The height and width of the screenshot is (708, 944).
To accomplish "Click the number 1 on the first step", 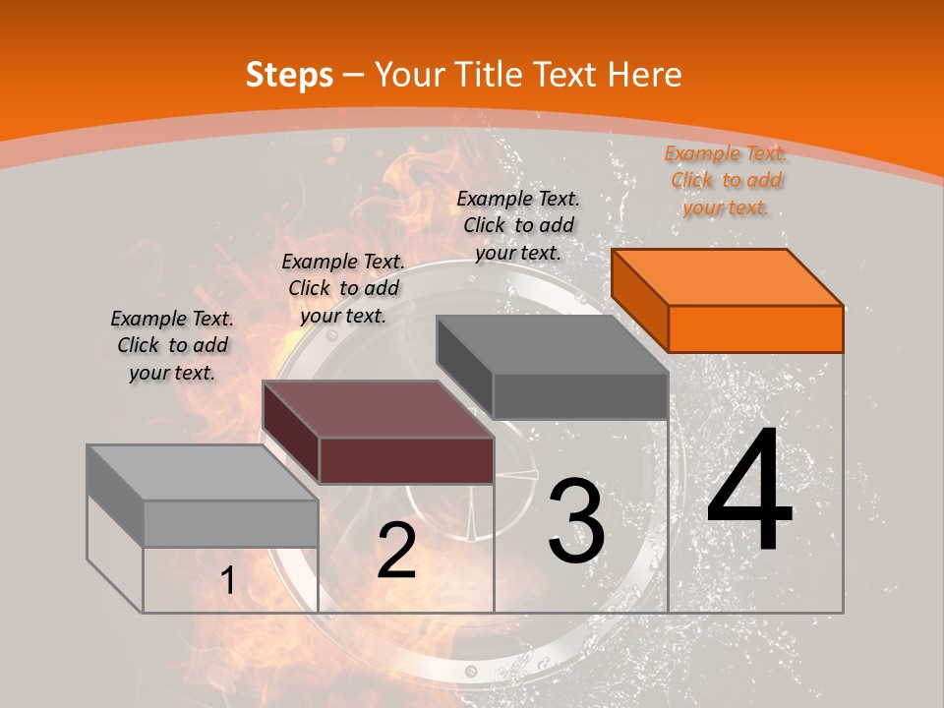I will [228, 581].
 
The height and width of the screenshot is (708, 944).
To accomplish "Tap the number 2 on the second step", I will [396, 551].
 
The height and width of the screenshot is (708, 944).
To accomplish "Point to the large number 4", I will [749, 492].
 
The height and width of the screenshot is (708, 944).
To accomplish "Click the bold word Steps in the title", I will [289, 75].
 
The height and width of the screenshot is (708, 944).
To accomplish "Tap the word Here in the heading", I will [646, 75].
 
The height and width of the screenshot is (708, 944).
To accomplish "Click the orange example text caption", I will [726, 181].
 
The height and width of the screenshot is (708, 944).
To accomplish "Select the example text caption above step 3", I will [518, 225].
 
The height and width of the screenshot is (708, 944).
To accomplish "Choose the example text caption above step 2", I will [343, 288].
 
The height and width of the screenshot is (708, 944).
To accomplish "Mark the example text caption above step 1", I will [172, 345].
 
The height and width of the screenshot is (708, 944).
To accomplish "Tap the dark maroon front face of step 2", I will [406, 460].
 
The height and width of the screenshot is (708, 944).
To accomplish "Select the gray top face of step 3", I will [552, 344].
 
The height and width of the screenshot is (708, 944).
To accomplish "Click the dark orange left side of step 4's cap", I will [639, 300].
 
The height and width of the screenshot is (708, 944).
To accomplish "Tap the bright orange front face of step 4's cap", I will [755, 328].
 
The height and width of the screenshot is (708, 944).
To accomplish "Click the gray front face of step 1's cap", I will [230, 523].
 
